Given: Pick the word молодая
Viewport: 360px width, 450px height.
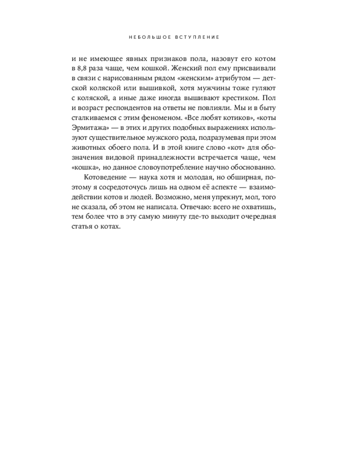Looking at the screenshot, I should [x=211, y=177].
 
